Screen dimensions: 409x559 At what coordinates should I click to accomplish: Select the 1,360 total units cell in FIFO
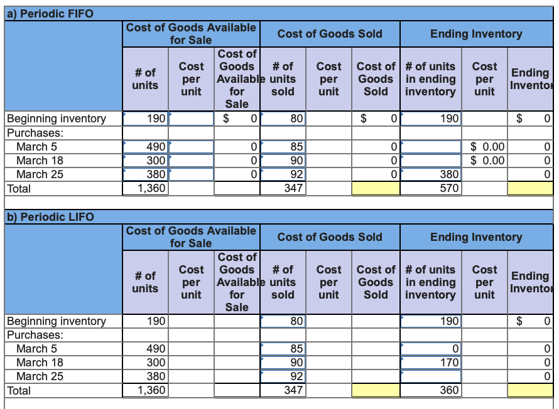pyautogui.click(x=146, y=188)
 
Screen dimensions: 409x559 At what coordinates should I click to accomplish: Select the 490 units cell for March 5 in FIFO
pyautogui.click(x=146, y=147)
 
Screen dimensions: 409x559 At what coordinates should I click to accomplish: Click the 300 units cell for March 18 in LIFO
pyautogui.click(x=146, y=363)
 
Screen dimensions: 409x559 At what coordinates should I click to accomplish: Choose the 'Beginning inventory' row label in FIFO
pyautogui.click(x=56, y=119)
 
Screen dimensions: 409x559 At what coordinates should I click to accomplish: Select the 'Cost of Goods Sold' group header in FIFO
pyautogui.click(x=330, y=34)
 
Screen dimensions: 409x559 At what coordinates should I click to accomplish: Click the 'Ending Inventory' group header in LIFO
pyautogui.click(x=476, y=237)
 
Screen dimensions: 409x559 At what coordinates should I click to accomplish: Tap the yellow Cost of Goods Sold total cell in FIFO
pyautogui.click(x=376, y=188)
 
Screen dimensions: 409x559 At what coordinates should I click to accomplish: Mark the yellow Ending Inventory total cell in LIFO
pyautogui.click(x=530, y=390)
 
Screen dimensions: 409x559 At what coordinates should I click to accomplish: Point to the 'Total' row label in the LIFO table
pyautogui.click(x=18, y=390)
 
